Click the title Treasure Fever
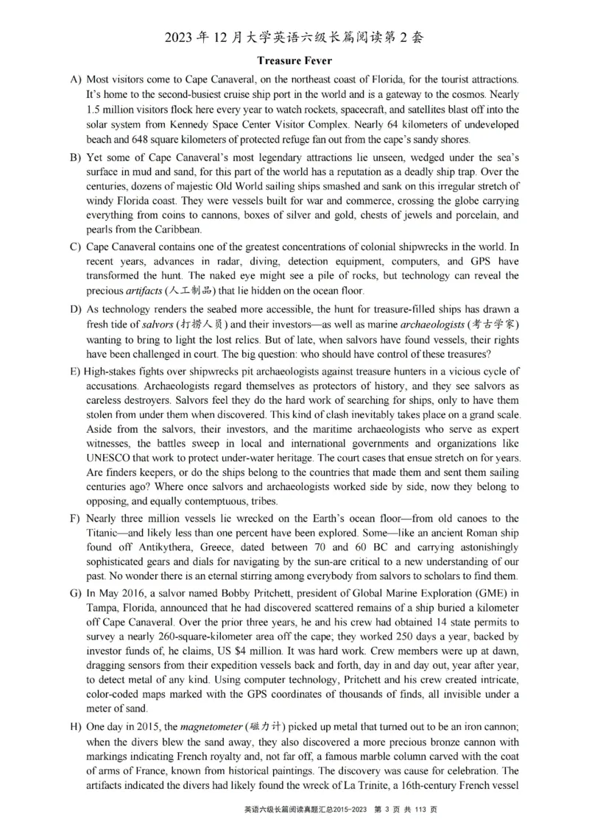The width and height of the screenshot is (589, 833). pos(294,60)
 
